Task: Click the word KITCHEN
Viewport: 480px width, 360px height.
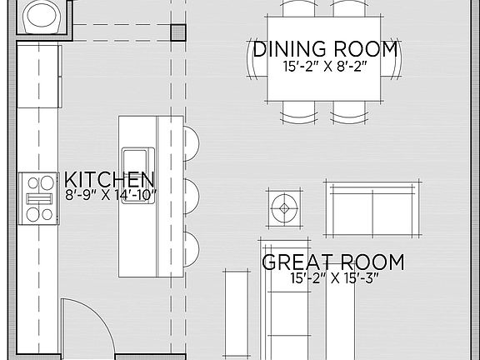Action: click(x=109, y=180)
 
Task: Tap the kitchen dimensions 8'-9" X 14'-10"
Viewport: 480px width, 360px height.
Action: click(x=110, y=195)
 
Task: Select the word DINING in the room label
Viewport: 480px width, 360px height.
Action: click(x=288, y=49)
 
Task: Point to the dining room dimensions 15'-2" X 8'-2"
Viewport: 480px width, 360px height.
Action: click(x=326, y=66)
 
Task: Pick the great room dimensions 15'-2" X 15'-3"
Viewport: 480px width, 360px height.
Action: click(x=333, y=279)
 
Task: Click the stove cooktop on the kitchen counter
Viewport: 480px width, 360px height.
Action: click(x=37, y=198)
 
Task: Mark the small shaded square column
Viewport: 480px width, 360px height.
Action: click(x=178, y=32)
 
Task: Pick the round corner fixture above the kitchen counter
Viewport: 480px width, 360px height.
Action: click(x=42, y=15)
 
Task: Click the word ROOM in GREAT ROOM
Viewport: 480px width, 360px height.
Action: click(x=371, y=263)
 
